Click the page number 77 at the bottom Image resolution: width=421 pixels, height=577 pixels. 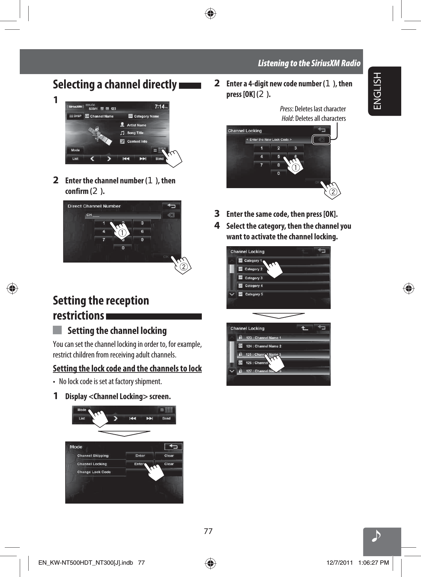click(x=208, y=531)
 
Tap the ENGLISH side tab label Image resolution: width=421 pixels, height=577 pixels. click(x=377, y=91)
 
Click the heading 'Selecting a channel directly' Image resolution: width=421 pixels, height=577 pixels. click(x=115, y=84)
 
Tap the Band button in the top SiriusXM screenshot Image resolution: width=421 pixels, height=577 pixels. click(x=160, y=159)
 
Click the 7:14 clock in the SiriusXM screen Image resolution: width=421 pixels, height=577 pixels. click(x=160, y=107)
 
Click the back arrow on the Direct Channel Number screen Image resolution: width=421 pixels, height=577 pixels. click(x=171, y=206)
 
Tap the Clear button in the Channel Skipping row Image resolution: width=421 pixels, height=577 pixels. click(x=169, y=455)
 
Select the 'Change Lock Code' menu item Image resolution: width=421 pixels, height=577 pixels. click(x=94, y=472)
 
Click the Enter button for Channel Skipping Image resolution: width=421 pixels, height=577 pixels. click(x=140, y=455)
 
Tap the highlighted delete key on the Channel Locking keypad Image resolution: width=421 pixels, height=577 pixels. click(x=321, y=140)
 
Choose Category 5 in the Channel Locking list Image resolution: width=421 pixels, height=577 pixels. click(x=254, y=294)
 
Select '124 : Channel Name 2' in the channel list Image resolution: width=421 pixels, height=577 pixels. click(x=264, y=346)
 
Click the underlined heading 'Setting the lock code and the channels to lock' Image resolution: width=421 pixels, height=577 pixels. click(x=127, y=369)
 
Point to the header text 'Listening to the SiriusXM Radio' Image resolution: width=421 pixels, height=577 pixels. click(x=309, y=63)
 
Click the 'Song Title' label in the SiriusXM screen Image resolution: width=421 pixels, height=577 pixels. click(x=135, y=133)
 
